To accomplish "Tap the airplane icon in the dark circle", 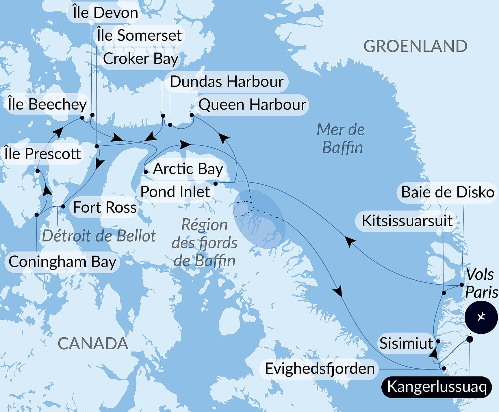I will (481, 317).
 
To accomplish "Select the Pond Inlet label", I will (175, 192).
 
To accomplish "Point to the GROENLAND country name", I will (415, 46).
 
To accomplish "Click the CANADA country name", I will (93, 343).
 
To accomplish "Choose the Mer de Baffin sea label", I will (341, 138).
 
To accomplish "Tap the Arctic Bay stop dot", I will (146, 172).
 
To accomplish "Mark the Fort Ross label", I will (105, 207).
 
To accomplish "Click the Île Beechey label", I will (47, 104).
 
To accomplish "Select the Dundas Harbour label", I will (227, 82).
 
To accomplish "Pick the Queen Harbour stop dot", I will (192, 115).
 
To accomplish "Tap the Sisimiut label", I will (406, 343).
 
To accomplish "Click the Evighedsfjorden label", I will (320, 369).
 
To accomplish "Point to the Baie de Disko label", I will (448, 192).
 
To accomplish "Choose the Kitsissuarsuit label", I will (407, 221).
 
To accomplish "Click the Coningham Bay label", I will (62, 262).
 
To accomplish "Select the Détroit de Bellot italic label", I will (99, 236).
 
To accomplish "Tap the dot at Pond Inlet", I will (216, 184).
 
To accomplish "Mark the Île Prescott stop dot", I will (38, 171).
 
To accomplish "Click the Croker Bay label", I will (140, 59).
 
